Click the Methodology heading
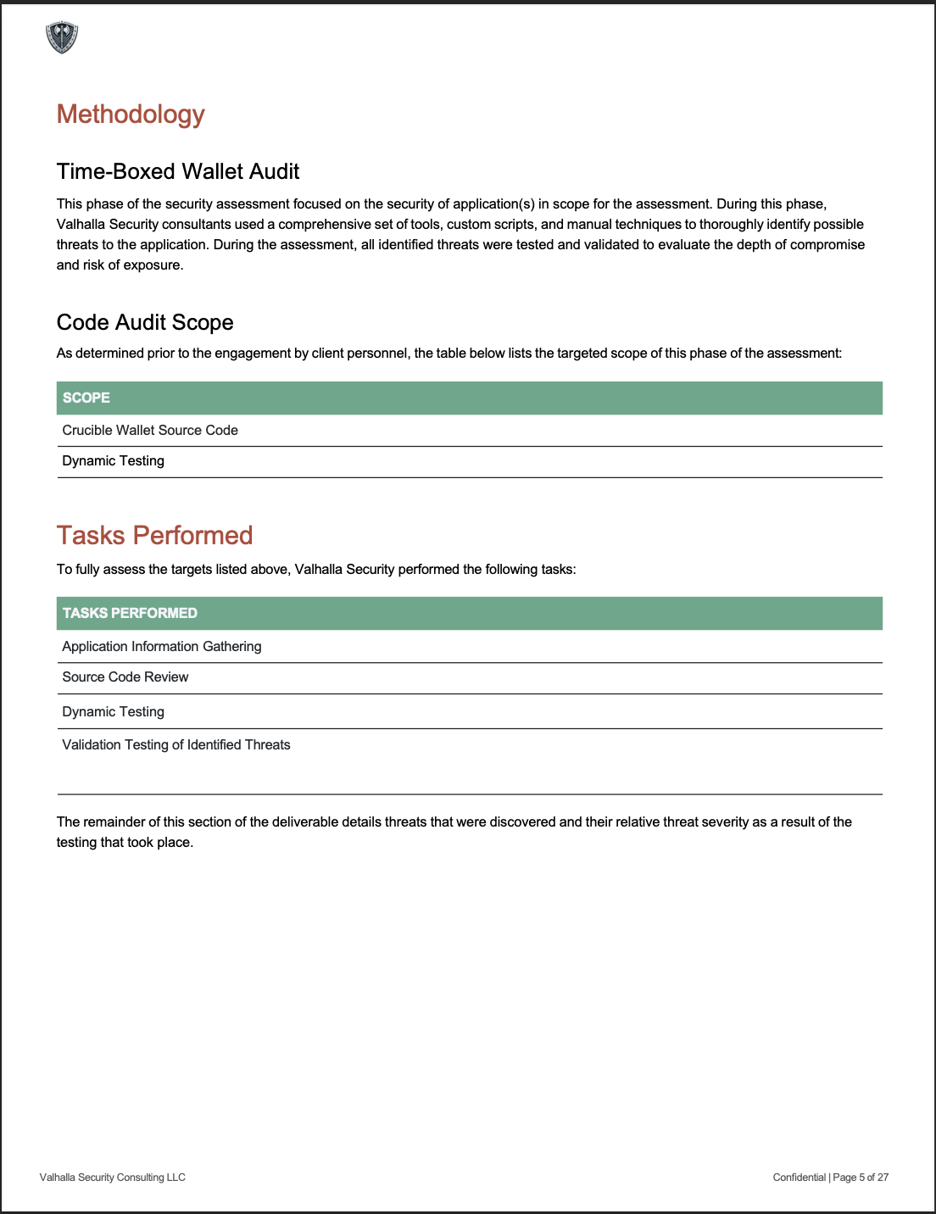(x=131, y=114)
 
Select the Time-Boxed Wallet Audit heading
(x=178, y=171)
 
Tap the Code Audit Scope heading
(x=145, y=322)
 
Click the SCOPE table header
(x=86, y=398)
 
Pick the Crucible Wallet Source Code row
(x=150, y=431)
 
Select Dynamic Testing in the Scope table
(x=114, y=461)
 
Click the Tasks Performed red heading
(x=155, y=535)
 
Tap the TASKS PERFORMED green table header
(x=130, y=613)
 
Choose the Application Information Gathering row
(x=162, y=647)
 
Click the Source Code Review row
(x=125, y=677)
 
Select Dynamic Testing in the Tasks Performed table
(x=114, y=712)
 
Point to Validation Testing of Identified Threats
(x=176, y=745)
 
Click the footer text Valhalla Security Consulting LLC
(x=113, y=1178)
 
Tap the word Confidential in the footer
(x=799, y=1178)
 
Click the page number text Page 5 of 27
(x=861, y=1178)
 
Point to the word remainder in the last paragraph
(x=114, y=822)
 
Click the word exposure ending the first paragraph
(x=155, y=265)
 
